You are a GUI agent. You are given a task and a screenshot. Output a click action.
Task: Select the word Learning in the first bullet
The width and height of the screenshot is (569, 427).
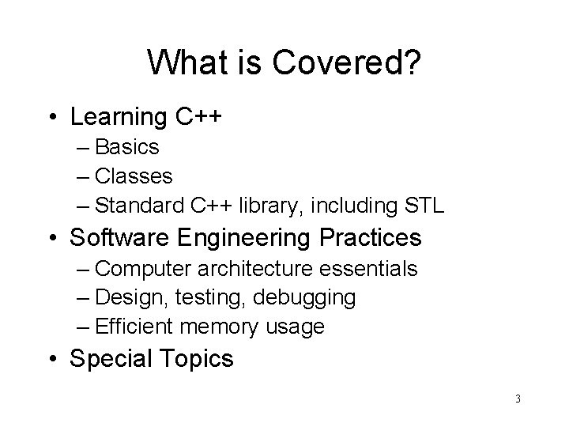(119, 117)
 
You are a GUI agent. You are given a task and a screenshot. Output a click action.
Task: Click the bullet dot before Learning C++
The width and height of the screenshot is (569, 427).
(53, 118)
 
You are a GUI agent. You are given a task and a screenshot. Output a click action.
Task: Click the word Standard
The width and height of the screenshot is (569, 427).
(139, 207)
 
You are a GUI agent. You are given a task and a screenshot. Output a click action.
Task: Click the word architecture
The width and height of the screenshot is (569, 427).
(253, 268)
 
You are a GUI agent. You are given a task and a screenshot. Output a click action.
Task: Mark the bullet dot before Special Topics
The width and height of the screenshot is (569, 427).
(53, 358)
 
